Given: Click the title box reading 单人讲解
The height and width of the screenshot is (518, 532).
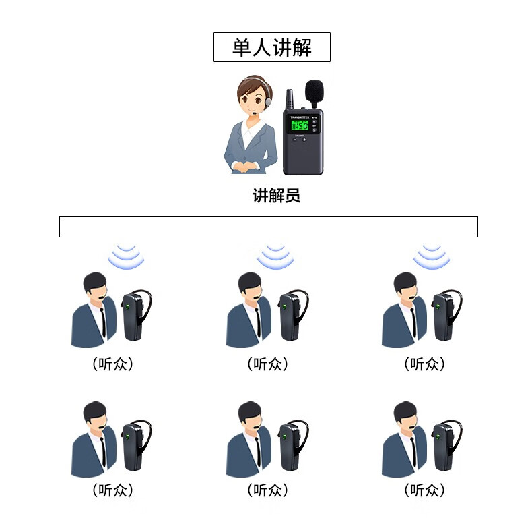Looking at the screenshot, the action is click(x=272, y=47).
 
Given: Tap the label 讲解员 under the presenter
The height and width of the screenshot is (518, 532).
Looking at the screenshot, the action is click(x=277, y=196).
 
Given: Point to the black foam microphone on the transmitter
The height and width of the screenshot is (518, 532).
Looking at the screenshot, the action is click(x=314, y=91).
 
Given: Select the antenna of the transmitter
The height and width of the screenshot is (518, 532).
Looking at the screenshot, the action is click(x=290, y=99).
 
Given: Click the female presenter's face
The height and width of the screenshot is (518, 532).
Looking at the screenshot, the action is click(x=252, y=98).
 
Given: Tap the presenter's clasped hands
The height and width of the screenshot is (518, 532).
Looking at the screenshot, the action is click(x=244, y=167).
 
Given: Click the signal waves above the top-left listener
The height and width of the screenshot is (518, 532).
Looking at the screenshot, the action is click(x=126, y=256).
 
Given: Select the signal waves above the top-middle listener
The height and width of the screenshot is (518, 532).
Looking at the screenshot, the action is click(x=275, y=256).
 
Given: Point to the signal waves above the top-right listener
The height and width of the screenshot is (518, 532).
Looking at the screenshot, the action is click(x=432, y=256).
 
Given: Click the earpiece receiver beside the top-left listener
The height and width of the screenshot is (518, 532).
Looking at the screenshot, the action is click(x=135, y=315).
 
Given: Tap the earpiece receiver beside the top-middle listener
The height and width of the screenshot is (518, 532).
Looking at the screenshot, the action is click(x=292, y=315).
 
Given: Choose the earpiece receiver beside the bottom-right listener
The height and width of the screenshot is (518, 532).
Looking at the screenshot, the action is click(x=446, y=445).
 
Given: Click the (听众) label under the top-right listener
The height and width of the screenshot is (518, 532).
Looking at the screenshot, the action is click(x=424, y=364).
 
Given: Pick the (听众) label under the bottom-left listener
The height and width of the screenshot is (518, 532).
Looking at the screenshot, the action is click(x=112, y=490).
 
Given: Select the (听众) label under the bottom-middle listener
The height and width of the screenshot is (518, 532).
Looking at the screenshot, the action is click(x=268, y=490).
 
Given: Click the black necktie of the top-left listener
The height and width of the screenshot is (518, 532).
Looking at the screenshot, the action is click(x=103, y=322).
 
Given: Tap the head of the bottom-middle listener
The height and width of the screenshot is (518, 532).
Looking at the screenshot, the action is click(x=250, y=416).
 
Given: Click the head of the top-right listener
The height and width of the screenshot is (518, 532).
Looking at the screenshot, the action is click(x=405, y=287).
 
